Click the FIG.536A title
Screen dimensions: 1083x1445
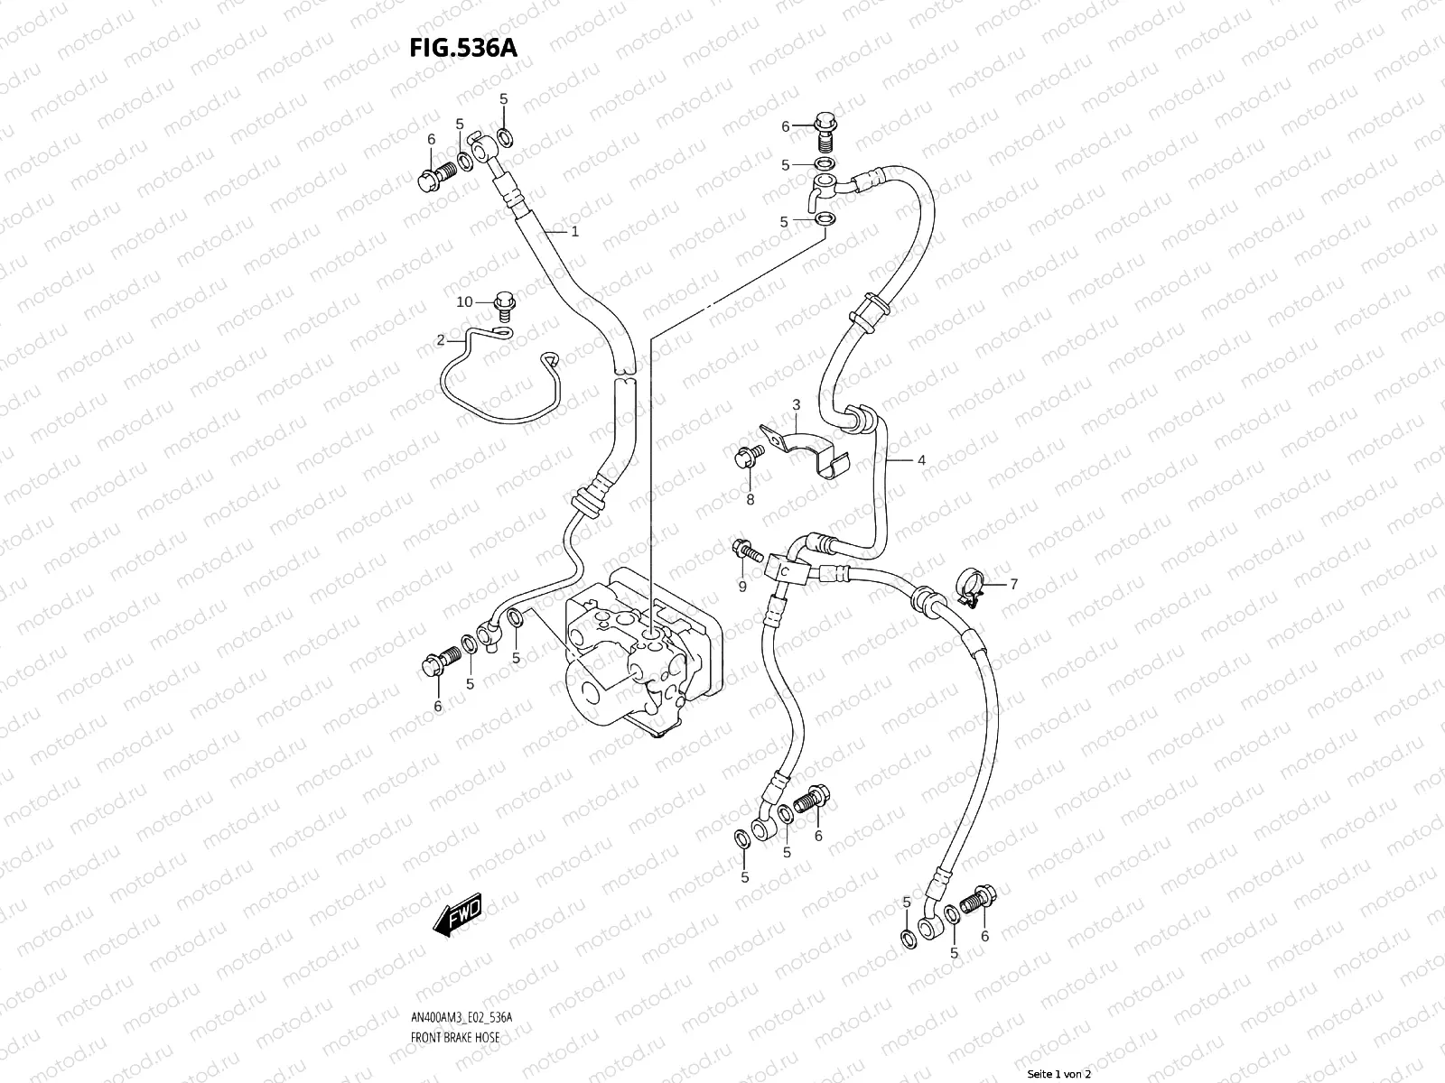(x=464, y=48)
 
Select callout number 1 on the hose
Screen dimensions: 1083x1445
(x=574, y=232)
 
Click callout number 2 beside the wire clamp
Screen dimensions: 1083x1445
(x=441, y=340)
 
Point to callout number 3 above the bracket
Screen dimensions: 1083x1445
(x=797, y=404)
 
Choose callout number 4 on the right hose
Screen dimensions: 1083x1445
(x=921, y=460)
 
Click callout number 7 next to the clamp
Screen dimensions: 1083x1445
(x=1013, y=585)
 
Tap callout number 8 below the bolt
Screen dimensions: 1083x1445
(x=750, y=499)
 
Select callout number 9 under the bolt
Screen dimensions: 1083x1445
(x=742, y=588)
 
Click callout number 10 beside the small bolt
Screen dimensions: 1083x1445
(x=464, y=301)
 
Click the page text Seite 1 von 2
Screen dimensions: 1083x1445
(x=1059, y=1074)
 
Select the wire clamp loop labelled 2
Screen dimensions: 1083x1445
(x=497, y=384)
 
